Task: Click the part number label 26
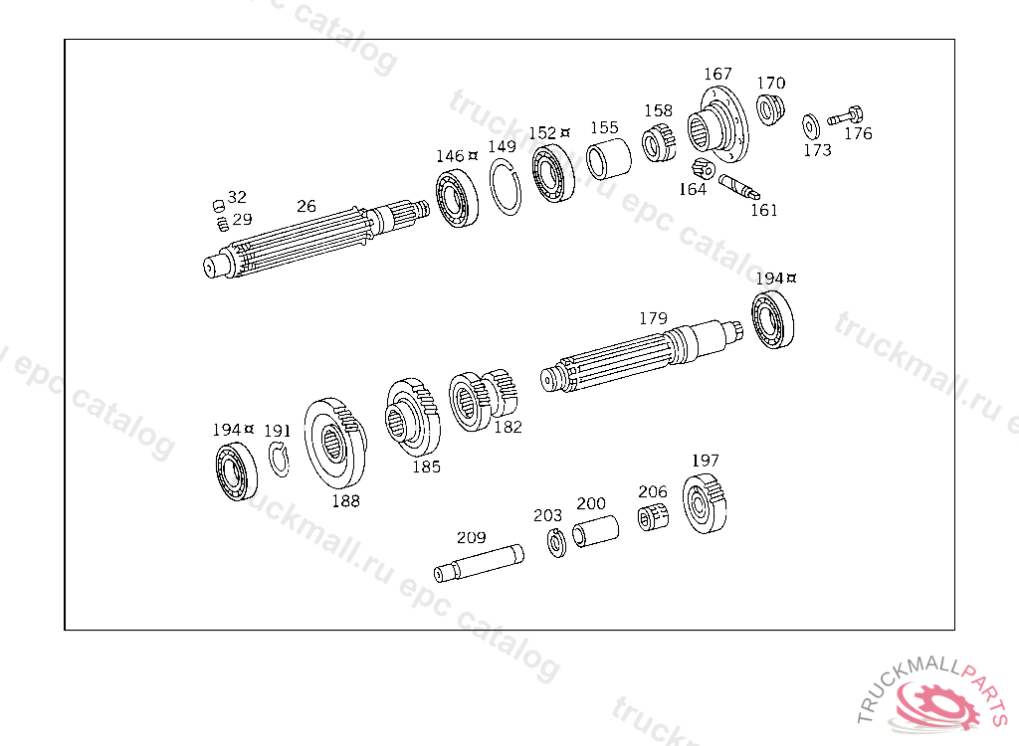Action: coord(306,206)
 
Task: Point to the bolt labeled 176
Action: coord(846,116)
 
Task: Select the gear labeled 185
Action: coord(412,419)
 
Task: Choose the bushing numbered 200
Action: coord(595,532)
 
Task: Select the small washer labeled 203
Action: coord(555,543)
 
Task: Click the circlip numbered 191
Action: coord(279,460)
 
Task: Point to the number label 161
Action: coord(764,210)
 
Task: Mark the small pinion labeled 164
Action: coord(701,168)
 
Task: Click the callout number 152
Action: coord(542,133)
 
